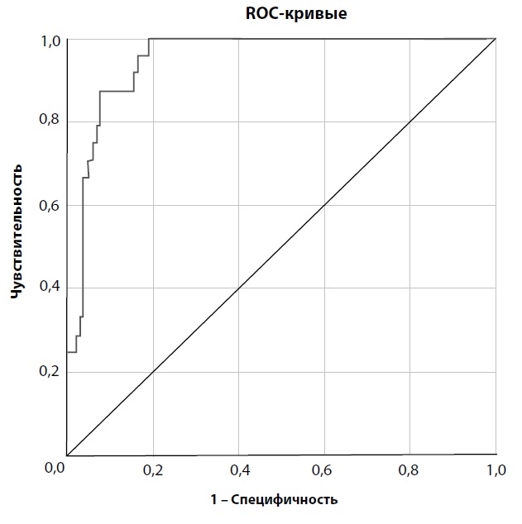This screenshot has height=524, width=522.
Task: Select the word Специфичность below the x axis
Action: pyautogui.click(x=284, y=499)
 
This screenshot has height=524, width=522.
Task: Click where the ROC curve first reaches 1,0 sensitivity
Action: pyautogui.click(x=149, y=39)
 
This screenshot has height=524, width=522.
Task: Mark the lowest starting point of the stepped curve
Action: pyautogui.click(x=68, y=352)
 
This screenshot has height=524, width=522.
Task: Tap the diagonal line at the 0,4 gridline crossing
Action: pyautogui.click(x=238, y=288)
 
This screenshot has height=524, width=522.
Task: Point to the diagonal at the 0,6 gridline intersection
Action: pyautogui.click(x=324, y=205)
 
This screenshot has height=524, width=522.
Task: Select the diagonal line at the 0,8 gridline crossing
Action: pyautogui.click(x=410, y=121)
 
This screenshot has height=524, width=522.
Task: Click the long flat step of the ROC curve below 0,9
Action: pyautogui.click(x=116, y=91)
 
